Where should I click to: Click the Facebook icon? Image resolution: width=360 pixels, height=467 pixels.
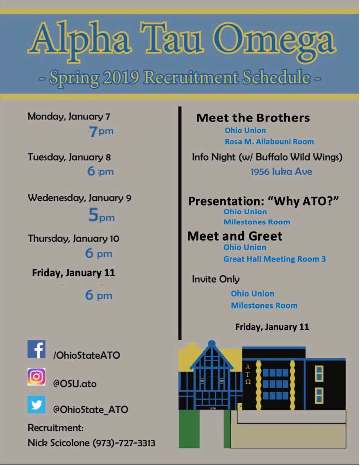[x=36, y=349]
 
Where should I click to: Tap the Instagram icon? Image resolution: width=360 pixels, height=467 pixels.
[x=36, y=377]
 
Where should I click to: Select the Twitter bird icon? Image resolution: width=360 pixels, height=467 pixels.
[x=36, y=404]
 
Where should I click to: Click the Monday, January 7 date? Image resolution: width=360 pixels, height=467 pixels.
[x=69, y=117]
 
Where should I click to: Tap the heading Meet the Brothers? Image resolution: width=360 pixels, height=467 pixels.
[x=253, y=118]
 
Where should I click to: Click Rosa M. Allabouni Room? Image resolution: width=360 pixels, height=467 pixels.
[x=269, y=142]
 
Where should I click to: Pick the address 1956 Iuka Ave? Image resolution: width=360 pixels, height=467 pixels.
[x=281, y=172]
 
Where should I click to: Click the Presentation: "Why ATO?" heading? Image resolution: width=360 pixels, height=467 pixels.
[x=264, y=201]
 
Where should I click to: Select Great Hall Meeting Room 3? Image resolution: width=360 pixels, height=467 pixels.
[x=274, y=259]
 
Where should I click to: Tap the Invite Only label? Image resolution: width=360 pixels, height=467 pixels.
[x=216, y=279]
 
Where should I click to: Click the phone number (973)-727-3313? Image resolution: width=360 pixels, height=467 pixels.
[x=124, y=443]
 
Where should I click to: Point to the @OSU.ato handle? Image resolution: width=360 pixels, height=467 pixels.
[x=75, y=384]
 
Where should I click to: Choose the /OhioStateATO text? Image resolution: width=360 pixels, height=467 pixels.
[x=86, y=355]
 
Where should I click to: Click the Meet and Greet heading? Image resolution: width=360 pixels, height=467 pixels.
[x=235, y=236]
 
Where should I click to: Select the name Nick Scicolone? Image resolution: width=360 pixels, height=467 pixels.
[x=59, y=443]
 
